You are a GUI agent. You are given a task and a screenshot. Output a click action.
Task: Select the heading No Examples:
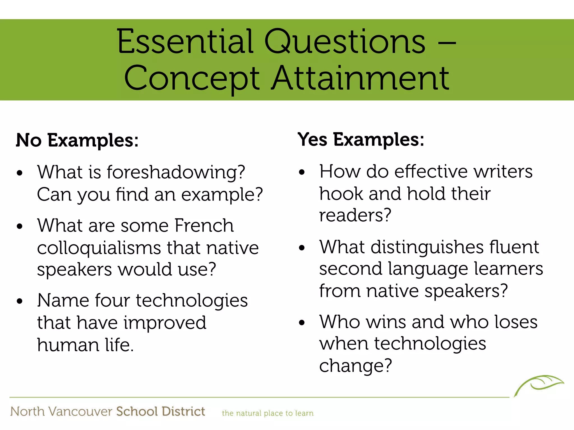77,140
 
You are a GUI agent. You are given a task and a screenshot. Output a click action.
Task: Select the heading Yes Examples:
361,139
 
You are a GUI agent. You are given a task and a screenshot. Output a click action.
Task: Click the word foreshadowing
176,172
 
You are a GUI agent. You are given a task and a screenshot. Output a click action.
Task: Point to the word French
204,225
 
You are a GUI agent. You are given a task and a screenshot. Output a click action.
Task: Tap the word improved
165,323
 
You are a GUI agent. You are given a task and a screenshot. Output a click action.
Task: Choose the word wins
386,322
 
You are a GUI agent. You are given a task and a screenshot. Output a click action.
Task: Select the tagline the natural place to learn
268,413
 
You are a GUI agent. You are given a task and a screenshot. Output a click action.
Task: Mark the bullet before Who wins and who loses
302,323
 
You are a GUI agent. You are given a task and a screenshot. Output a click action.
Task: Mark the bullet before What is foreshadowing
19,173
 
